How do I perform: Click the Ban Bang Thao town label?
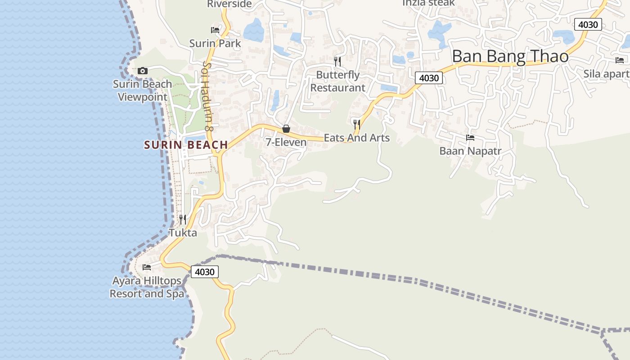pos(510,57)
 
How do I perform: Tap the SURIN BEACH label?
pos(186,145)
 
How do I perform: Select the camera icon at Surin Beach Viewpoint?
pos(143,71)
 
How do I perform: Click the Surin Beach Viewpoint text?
pos(142,90)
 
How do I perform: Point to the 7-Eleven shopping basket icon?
pos(286,129)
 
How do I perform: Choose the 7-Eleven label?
pos(286,142)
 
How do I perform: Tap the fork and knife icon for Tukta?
pos(183,220)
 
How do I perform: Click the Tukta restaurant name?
pos(183,233)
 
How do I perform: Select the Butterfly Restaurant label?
pos(338,81)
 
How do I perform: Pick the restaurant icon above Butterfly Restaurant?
pos(337,61)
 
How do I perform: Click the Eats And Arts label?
pos(357,138)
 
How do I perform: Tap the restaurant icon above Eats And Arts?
pos(357,124)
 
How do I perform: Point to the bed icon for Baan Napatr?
pos(470,138)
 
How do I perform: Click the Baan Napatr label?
pos(470,151)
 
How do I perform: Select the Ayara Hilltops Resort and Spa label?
pos(147,287)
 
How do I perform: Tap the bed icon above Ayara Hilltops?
pos(147,267)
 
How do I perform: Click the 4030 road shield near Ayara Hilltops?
pos(205,272)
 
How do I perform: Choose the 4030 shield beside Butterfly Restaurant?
pos(428,78)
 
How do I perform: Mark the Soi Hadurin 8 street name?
pos(207,96)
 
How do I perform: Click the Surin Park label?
pos(215,44)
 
